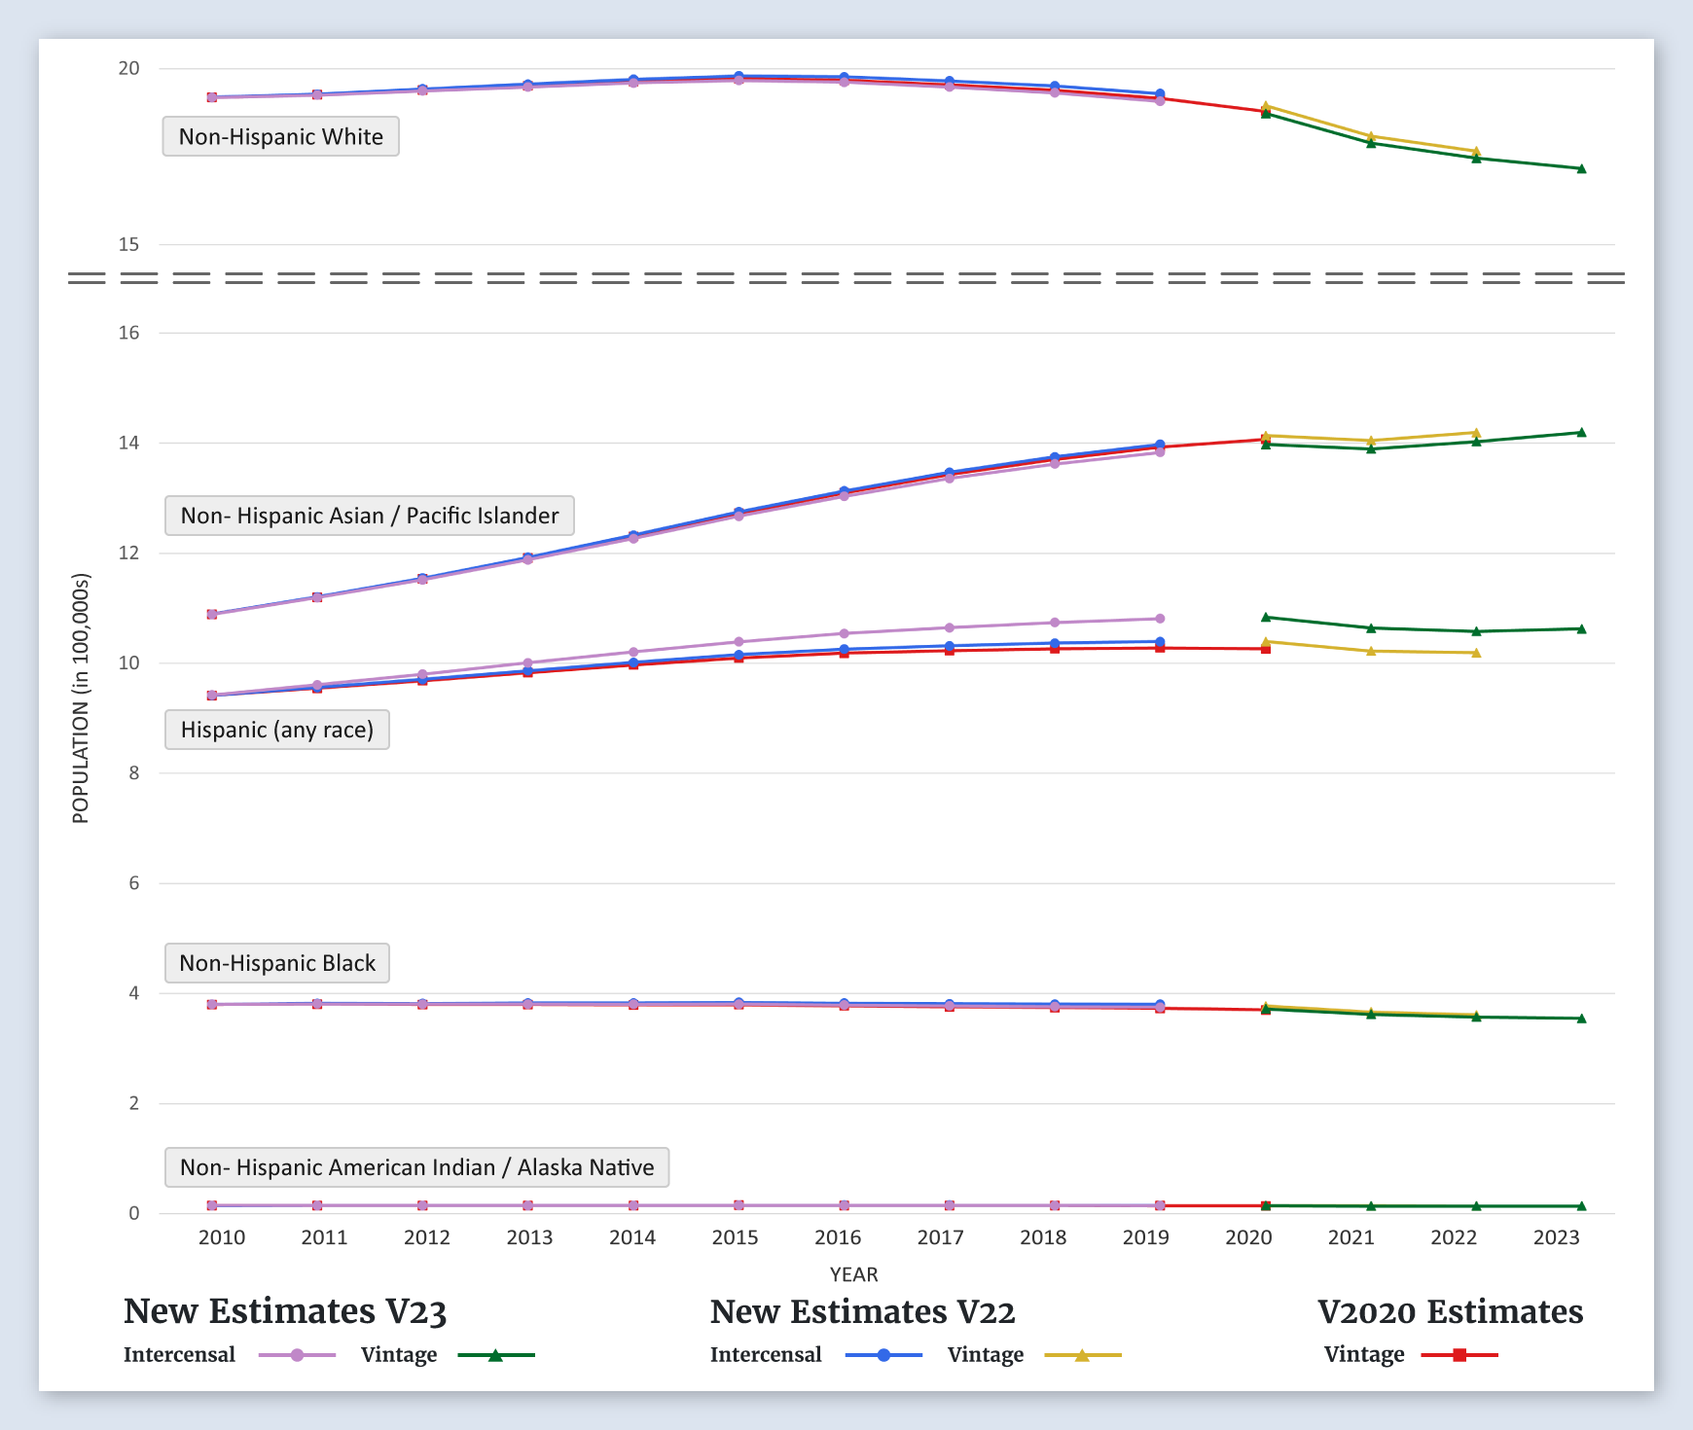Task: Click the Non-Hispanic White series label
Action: click(x=280, y=136)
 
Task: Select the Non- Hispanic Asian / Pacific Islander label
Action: click(x=370, y=516)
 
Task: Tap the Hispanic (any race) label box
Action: click(x=277, y=730)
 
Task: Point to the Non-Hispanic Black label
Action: click(x=277, y=963)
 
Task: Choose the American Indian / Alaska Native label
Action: click(x=416, y=1167)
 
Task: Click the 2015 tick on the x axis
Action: click(x=735, y=1237)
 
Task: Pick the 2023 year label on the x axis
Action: click(x=1556, y=1237)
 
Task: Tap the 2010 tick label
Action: click(x=222, y=1237)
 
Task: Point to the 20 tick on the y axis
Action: click(x=128, y=68)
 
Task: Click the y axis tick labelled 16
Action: click(x=128, y=333)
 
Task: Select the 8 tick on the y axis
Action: click(x=134, y=773)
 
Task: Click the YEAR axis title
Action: click(x=853, y=1274)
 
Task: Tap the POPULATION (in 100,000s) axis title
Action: click(x=81, y=698)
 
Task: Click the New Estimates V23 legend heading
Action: click(x=285, y=1311)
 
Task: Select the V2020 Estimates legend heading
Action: click(x=1450, y=1311)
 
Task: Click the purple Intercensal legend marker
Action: click(x=298, y=1355)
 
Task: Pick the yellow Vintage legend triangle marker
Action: click(x=1082, y=1355)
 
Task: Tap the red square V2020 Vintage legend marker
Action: click(x=1459, y=1355)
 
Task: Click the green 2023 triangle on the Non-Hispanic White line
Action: click(x=1581, y=169)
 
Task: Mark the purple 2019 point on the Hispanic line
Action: click(x=1160, y=619)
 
